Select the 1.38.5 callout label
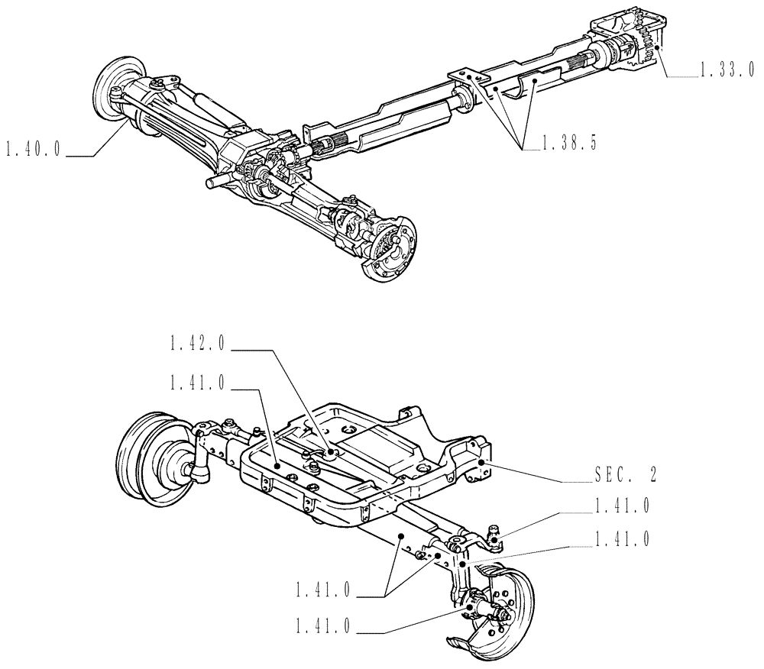pyautogui.click(x=569, y=142)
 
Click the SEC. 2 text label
pyautogui.click(x=624, y=474)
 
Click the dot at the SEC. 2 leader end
pyautogui.click(x=482, y=462)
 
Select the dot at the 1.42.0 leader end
pyautogui.click(x=330, y=452)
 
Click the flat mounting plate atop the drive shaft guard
pyautogui.click(x=465, y=76)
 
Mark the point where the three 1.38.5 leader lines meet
pyautogui.click(x=526, y=150)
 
